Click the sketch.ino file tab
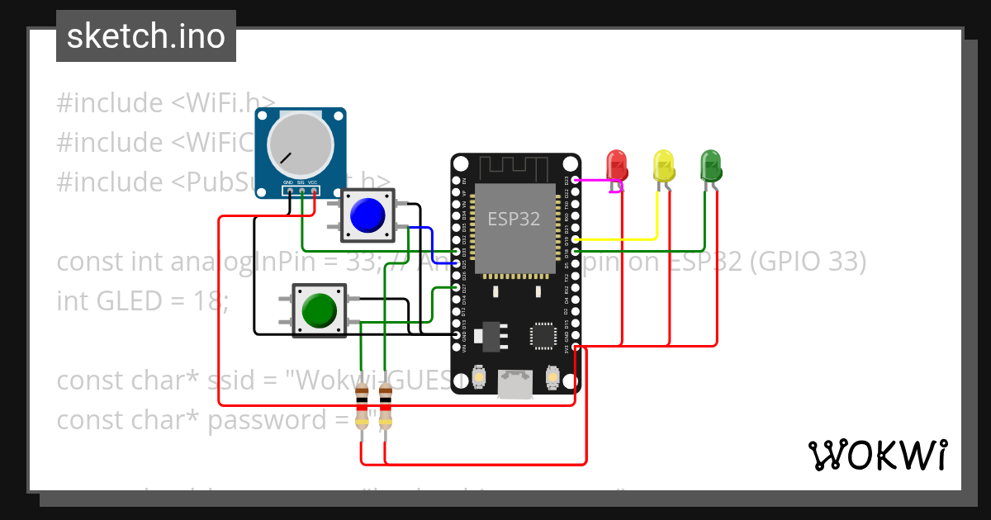tap(146, 36)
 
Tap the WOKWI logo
tap(876, 455)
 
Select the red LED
tap(616, 165)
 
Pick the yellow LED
tap(663, 165)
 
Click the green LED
tap(710, 165)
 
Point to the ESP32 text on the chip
tap(513, 219)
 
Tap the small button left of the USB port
tap(480, 379)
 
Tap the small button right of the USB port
tap(553, 379)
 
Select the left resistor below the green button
tap(362, 406)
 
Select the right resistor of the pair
tap(386, 406)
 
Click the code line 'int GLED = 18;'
tap(142, 301)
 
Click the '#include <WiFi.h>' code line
tap(165, 103)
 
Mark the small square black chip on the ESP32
tap(544, 335)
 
